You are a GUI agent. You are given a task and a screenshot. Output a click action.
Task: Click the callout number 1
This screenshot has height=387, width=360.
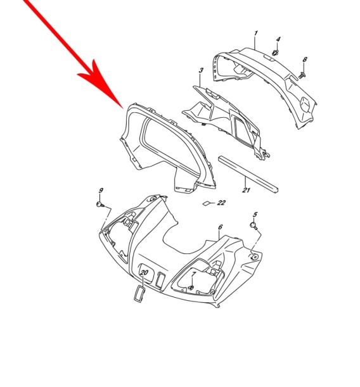click(x=255, y=33)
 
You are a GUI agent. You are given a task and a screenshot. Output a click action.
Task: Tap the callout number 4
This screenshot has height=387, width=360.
click(x=278, y=39)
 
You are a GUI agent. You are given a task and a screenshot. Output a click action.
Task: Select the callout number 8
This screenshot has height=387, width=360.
click(x=305, y=60)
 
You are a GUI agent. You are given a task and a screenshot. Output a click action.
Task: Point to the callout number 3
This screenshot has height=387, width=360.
click(x=201, y=70)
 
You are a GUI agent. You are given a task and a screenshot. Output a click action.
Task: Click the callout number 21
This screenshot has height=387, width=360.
click(x=246, y=190)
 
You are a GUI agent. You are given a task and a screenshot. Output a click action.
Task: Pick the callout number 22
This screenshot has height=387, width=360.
click(x=221, y=203)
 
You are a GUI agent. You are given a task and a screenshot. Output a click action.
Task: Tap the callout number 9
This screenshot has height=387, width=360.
click(x=101, y=190)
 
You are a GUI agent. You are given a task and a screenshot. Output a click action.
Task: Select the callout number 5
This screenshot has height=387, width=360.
click(x=255, y=215)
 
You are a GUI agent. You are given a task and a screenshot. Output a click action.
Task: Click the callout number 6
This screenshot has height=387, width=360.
click(x=221, y=227)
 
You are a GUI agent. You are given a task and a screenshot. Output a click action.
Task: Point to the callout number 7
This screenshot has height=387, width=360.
click(x=193, y=274)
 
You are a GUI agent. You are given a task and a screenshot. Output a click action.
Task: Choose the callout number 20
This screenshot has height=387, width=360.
click(x=144, y=272)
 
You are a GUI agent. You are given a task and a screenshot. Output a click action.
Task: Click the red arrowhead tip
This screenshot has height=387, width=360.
click(x=123, y=108)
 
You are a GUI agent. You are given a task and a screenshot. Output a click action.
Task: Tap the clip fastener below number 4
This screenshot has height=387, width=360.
click(x=275, y=53)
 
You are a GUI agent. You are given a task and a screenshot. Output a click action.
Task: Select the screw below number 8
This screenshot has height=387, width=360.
click(x=302, y=75)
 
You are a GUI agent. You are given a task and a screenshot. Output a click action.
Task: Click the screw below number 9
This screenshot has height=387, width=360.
click(x=100, y=205)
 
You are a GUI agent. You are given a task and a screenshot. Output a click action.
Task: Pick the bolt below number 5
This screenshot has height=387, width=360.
click(x=254, y=225)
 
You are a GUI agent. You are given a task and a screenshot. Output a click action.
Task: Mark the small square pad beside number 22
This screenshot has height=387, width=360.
click(x=206, y=203)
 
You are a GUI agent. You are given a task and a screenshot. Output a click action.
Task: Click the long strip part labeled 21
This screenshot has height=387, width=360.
click(x=248, y=174)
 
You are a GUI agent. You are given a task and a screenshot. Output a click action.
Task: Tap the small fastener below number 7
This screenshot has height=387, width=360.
click(x=191, y=288)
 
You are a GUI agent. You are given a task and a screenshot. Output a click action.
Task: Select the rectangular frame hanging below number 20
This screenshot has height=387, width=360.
click(x=139, y=294)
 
